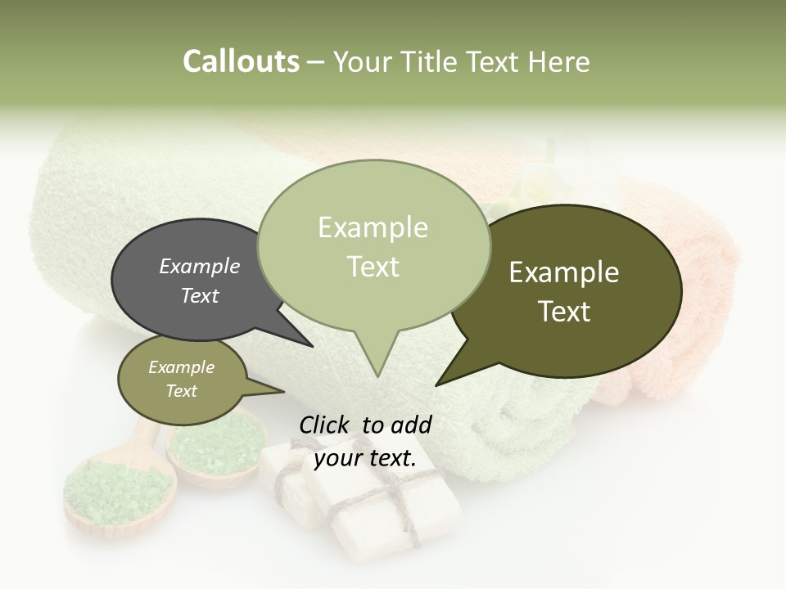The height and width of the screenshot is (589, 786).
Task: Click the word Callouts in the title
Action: [241, 61]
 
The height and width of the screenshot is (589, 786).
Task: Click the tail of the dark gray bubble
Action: [295, 331]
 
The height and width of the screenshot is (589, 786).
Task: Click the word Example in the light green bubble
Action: [373, 227]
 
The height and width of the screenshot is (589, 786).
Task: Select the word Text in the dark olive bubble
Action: [564, 312]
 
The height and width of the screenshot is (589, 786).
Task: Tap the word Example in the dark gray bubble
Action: [200, 267]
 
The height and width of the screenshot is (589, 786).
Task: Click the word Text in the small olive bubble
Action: [181, 391]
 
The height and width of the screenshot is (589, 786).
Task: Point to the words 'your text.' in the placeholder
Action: [365, 457]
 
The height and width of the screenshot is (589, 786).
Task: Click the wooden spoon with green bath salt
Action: [119, 491]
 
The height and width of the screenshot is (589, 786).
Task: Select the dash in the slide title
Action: [316, 62]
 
